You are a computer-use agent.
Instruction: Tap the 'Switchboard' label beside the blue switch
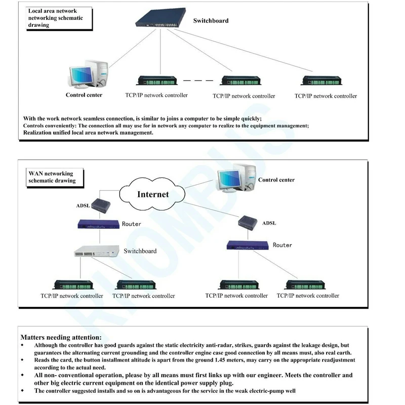pyautogui.click(x=211, y=21)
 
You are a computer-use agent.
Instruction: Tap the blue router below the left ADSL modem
pyautogui.click(x=98, y=223)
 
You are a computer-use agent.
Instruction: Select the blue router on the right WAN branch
pyautogui.click(x=248, y=245)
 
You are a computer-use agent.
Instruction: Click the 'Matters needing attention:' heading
pyautogui.click(x=61, y=337)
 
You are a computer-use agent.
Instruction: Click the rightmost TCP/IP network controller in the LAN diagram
pyautogui.click(x=325, y=80)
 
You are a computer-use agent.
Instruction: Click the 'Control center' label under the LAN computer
pyautogui.click(x=84, y=95)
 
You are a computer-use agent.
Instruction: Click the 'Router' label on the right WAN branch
pyautogui.click(x=282, y=245)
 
